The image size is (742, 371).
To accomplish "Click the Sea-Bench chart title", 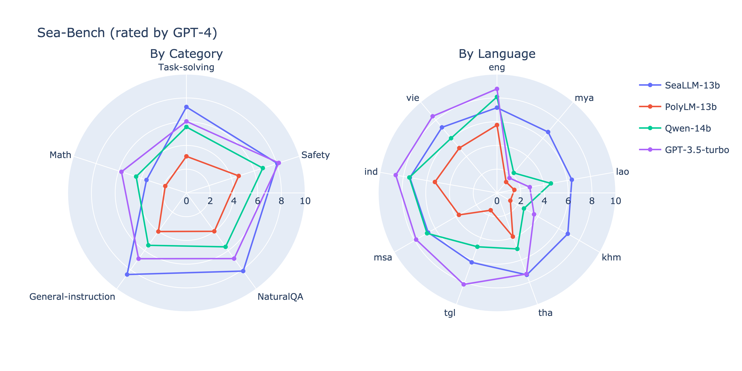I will pyautogui.click(x=127, y=33).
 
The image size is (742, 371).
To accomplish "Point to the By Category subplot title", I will pyautogui.click(x=186, y=54).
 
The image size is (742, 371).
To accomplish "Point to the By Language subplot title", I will pyautogui.click(x=497, y=54).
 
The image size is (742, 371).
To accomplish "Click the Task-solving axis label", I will pyautogui.click(x=186, y=67).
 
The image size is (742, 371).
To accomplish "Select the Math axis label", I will pyautogui.click(x=60, y=155).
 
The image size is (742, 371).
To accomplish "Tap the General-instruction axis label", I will pyautogui.click(x=72, y=297).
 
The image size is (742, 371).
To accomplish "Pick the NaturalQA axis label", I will pyautogui.click(x=280, y=297).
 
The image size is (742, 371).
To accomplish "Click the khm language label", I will pyautogui.click(x=611, y=257).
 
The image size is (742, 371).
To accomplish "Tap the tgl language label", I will pyautogui.click(x=450, y=313).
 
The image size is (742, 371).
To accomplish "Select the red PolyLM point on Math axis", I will pyautogui.click(x=165, y=186).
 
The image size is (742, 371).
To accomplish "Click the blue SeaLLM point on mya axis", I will pyautogui.click(x=548, y=132).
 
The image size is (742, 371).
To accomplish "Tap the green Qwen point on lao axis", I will pyautogui.click(x=551, y=183).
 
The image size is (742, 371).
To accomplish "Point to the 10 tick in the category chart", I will pyautogui.click(x=305, y=201).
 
